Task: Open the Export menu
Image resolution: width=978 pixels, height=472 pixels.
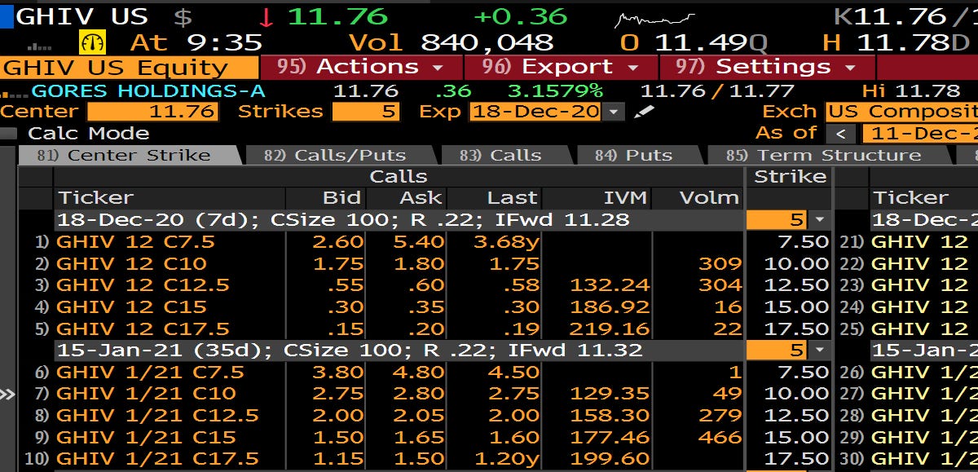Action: [x=562, y=67]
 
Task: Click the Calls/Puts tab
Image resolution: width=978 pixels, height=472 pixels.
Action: [x=342, y=155]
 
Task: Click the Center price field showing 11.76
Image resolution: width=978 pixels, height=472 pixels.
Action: [x=152, y=112]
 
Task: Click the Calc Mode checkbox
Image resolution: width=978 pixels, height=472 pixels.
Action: [x=9, y=133]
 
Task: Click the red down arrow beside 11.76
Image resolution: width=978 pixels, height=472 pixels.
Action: [x=266, y=16]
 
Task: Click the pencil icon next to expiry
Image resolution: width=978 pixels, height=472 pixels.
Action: [x=644, y=112]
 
